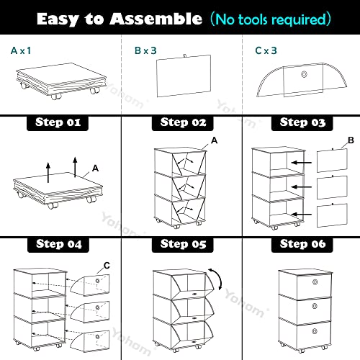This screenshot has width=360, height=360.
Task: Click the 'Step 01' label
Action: (x=58, y=122)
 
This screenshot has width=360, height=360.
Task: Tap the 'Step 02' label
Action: (x=183, y=122)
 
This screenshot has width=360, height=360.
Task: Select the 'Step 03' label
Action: (x=302, y=122)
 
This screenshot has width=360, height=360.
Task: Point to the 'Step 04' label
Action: (x=58, y=244)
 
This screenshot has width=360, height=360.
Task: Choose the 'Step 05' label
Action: (x=183, y=244)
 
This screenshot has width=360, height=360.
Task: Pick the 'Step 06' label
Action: (x=302, y=244)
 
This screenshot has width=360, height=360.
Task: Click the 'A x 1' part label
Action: (x=21, y=50)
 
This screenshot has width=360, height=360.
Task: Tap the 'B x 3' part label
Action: (x=145, y=50)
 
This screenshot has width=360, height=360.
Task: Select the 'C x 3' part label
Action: (x=266, y=50)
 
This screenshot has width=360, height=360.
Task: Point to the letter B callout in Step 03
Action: (x=351, y=140)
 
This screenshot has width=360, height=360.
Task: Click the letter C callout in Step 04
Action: (x=107, y=266)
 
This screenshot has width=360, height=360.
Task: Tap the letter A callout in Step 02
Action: (x=214, y=140)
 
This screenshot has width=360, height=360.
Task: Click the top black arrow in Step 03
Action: (x=302, y=163)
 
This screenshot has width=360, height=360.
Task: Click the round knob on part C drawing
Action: (x=305, y=74)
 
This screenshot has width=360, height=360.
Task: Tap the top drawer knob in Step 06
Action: (x=315, y=282)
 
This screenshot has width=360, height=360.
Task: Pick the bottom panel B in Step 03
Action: (x=332, y=215)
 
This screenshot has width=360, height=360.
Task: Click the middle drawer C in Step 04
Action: (x=89, y=311)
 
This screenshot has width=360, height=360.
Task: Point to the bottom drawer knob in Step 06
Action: (x=315, y=331)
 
